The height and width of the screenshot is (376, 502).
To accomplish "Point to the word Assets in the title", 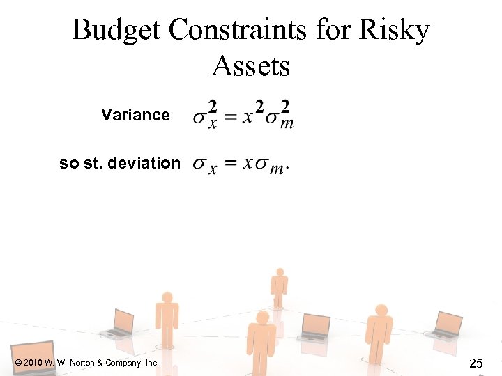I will pos(251,67).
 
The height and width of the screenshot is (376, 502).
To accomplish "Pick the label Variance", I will pos(135,115).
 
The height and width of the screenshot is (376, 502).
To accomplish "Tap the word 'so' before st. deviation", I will pos(68,164).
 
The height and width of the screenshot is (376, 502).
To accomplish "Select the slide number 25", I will pos(476,363).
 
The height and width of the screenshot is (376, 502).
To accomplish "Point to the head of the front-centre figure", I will pos(263,318).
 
